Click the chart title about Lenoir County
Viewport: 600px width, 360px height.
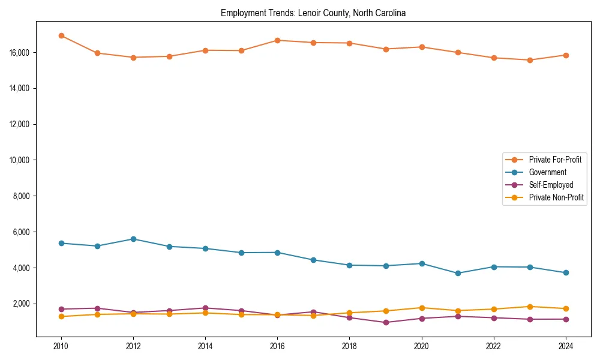point(313,13)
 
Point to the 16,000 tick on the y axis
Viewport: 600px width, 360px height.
point(20,53)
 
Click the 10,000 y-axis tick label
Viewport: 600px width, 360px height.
point(20,160)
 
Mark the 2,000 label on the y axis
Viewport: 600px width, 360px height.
point(22,304)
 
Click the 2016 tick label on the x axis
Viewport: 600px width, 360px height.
point(277,346)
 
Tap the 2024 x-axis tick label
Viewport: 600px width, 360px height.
point(565,346)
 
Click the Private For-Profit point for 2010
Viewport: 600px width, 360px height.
point(61,36)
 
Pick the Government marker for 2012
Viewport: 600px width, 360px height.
point(133,239)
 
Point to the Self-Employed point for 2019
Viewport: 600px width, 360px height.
point(385,322)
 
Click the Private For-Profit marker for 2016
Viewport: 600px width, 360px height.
point(277,40)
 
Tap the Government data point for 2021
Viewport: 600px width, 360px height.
point(457,273)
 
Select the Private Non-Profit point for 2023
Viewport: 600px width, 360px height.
point(529,307)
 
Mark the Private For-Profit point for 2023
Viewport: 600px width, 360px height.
point(529,60)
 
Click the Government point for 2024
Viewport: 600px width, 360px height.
point(565,272)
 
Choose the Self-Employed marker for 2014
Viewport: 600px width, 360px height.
point(205,308)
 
